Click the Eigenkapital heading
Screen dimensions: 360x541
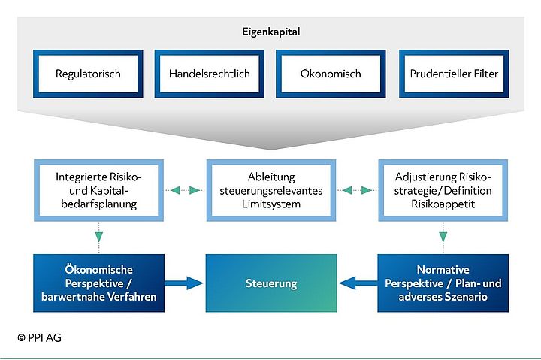point(271,32)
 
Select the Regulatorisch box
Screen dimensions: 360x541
point(88,74)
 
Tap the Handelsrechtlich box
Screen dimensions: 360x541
point(209,74)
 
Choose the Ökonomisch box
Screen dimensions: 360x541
point(331,74)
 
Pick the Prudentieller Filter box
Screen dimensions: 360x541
point(453,74)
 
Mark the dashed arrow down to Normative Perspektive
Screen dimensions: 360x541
point(443,239)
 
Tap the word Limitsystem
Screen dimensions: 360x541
point(271,204)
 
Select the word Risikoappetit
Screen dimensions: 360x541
point(443,204)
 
